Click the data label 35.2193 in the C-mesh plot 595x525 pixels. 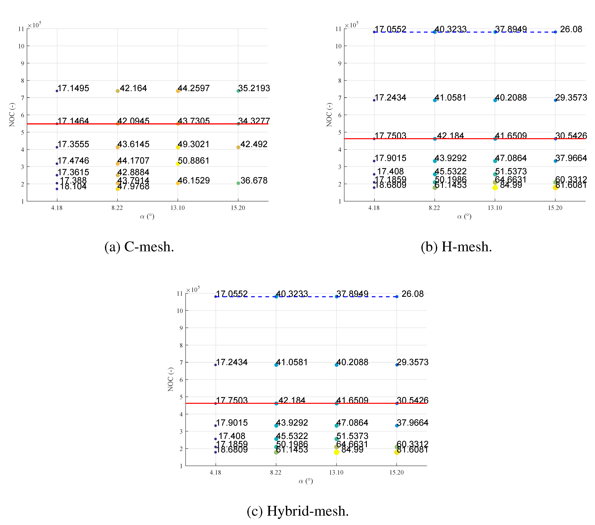coord(254,88)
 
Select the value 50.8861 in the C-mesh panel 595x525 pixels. coord(194,161)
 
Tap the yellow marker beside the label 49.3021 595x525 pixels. coord(178,147)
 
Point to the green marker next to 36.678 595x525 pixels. coord(238,183)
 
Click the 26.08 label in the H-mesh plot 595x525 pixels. coord(571,29)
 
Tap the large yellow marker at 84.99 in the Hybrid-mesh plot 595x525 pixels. coord(337,452)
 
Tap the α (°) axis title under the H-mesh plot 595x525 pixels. coord(464,216)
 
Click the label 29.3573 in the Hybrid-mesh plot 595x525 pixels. coord(412,362)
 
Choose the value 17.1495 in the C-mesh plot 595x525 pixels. coord(73,88)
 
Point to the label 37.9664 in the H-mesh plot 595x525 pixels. coord(571,158)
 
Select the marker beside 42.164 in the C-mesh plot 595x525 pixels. coord(118,91)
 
